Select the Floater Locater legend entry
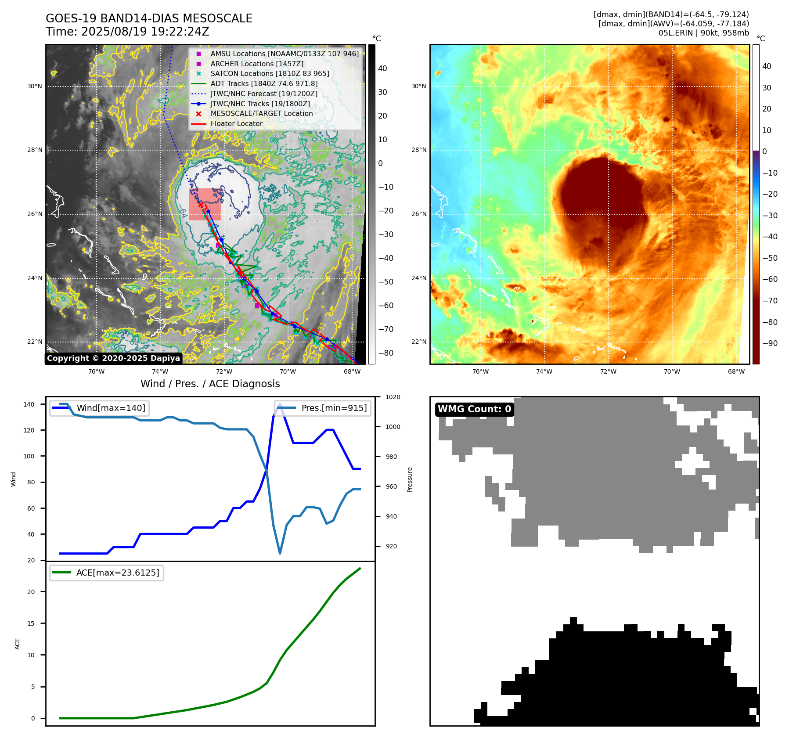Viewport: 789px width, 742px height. pos(236,123)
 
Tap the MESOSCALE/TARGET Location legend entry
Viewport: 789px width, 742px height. pos(261,113)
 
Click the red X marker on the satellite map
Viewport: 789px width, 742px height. pos(201,205)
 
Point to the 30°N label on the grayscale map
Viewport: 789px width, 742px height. pos(35,86)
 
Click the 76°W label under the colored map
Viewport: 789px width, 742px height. pos(480,371)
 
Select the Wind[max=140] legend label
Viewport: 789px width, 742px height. pos(111,408)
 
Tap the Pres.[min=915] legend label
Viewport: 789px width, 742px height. pos(334,408)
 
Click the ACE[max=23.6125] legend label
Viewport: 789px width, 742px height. pos(118,573)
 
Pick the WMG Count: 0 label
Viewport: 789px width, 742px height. pos(474,409)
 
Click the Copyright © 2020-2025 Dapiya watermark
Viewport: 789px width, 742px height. pos(113,358)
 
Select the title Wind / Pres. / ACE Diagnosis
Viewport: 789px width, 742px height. pos(210,384)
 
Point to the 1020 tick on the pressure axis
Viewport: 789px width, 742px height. pos(393,397)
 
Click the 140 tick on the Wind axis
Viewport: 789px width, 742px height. pos(29,404)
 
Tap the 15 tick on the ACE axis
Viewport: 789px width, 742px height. pos(31,623)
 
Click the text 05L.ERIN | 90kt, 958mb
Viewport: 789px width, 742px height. pos(703,33)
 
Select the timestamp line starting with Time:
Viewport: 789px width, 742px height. pos(127,32)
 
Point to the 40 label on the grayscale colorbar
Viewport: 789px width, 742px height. pos(382,68)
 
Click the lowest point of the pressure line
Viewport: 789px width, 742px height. pos(280,554)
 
